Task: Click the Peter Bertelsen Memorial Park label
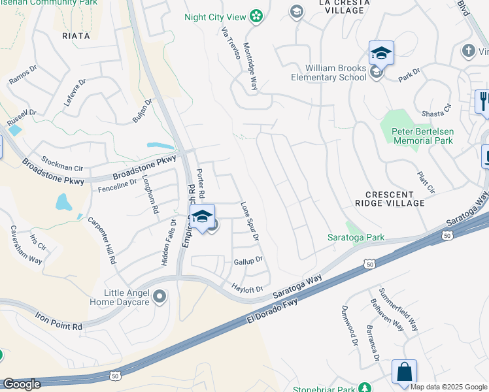coord(422,136)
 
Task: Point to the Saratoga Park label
coord(356,238)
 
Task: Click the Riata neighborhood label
coord(77,36)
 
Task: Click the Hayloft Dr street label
coord(247,288)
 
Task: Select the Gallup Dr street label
coord(248,260)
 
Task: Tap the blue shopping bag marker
coord(404,372)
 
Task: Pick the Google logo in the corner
coord(22,385)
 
